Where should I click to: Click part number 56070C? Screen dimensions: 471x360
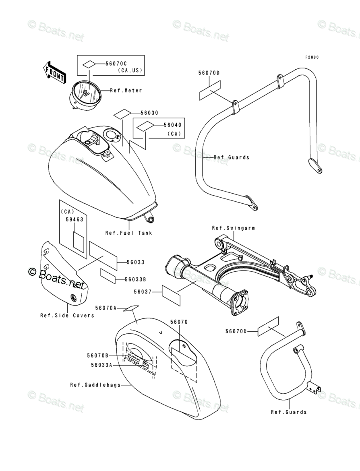[116, 64]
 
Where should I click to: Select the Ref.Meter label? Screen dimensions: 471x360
[126, 91]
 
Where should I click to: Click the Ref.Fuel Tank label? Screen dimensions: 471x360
[129, 233]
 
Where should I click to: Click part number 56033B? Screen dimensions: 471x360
[135, 279]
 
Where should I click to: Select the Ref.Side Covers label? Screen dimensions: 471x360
[67, 315]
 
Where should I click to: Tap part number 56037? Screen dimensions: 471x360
[143, 291]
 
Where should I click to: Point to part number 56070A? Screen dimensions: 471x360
[106, 308]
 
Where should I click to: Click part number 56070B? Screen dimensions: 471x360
[97, 355]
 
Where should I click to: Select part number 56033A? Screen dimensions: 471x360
[101, 365]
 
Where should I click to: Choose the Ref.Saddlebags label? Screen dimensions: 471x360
[95, 385]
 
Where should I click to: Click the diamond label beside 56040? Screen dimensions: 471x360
[143, 127]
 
